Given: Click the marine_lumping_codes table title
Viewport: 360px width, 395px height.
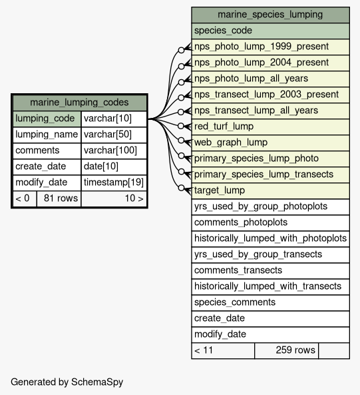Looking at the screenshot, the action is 79,103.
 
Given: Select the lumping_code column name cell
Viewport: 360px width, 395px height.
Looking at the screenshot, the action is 47,119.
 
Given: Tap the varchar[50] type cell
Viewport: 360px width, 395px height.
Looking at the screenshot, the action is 114,135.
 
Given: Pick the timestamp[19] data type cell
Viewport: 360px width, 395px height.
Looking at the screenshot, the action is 114,183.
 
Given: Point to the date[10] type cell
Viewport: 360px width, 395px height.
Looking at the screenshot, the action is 114,167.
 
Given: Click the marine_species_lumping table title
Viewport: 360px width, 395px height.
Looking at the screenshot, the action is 270,15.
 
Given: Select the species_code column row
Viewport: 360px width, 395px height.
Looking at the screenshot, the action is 270,31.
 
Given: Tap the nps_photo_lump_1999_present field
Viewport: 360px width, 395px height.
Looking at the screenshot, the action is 270,47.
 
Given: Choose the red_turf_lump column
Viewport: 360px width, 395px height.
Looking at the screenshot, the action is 270,127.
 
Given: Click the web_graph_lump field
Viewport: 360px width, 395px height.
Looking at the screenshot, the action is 270,143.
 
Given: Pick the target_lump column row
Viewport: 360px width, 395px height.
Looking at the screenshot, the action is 270,191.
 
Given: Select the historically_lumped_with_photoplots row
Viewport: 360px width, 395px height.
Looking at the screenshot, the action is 270,238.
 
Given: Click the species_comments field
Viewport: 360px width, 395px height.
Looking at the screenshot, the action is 270,302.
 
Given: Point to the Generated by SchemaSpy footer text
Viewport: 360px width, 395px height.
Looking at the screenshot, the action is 67,382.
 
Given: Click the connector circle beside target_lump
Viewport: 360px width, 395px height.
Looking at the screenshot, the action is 181,188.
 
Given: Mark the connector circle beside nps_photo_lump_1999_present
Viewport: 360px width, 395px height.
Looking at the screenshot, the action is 181,50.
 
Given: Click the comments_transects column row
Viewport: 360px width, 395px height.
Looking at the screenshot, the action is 270,270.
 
